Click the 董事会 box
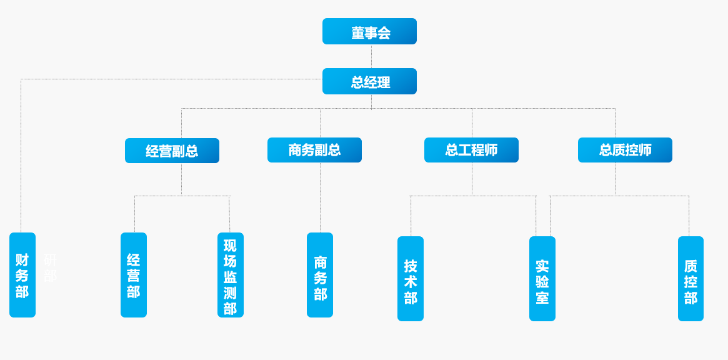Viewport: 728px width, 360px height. coord(369,31)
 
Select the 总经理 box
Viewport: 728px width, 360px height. coord(369,81)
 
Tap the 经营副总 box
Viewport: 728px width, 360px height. coord(172,151)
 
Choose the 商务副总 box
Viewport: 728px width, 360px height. coord(314,150)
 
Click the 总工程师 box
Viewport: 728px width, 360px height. coord(471,150)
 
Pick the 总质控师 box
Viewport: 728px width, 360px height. coord(625,150)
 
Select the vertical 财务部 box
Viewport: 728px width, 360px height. coord(22,275)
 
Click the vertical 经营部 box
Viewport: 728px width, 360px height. coord(134,275)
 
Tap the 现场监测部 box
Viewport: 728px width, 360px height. coord(230,275)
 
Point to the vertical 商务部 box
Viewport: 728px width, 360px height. coord(320,275)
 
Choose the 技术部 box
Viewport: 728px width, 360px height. coord(411,279)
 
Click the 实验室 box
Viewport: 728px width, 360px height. coord(542,279)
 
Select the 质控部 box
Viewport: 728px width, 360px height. coord(691,279)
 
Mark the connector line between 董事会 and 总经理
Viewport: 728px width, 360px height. coord(371,56)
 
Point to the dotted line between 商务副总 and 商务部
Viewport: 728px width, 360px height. coord(320,197)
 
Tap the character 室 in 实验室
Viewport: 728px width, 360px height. coord(542,298)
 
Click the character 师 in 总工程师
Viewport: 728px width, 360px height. coord(491,150)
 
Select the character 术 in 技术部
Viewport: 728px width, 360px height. coord(411,282)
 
